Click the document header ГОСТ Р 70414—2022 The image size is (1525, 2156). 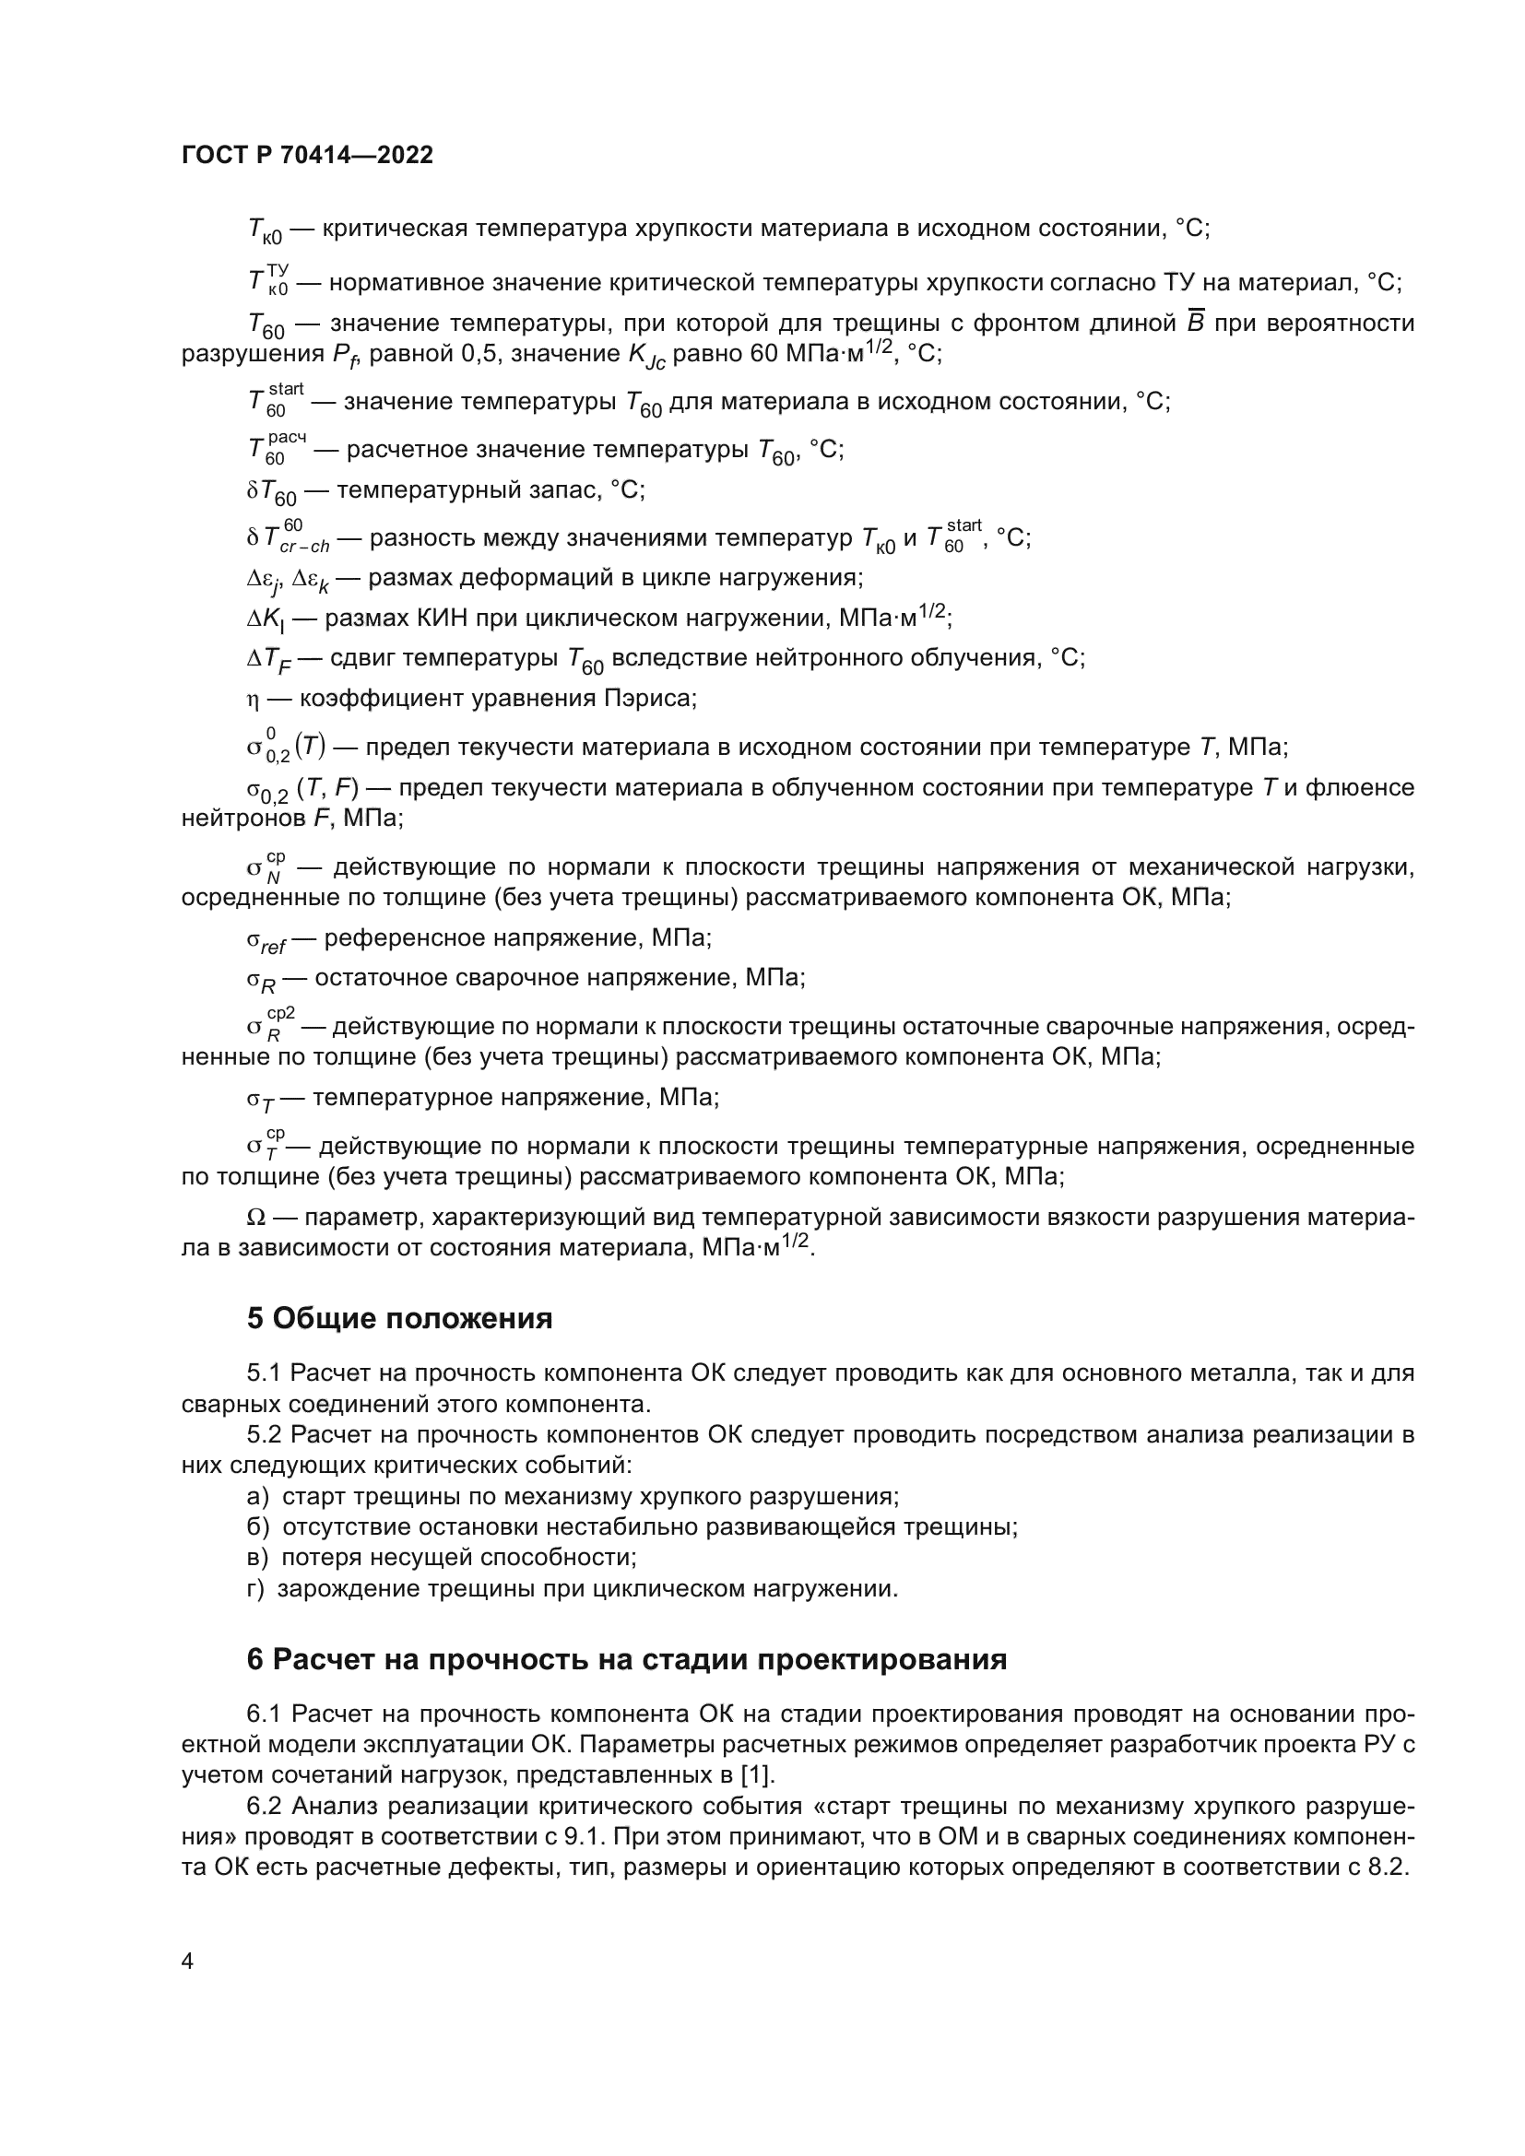pos(307,155)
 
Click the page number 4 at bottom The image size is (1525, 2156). pos(187,1962)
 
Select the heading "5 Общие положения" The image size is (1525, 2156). pos(399,1318)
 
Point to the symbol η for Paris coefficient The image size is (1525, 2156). pos(252,700)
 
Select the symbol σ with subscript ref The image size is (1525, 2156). pos(266,940)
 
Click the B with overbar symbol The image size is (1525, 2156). pos(1196,323)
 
